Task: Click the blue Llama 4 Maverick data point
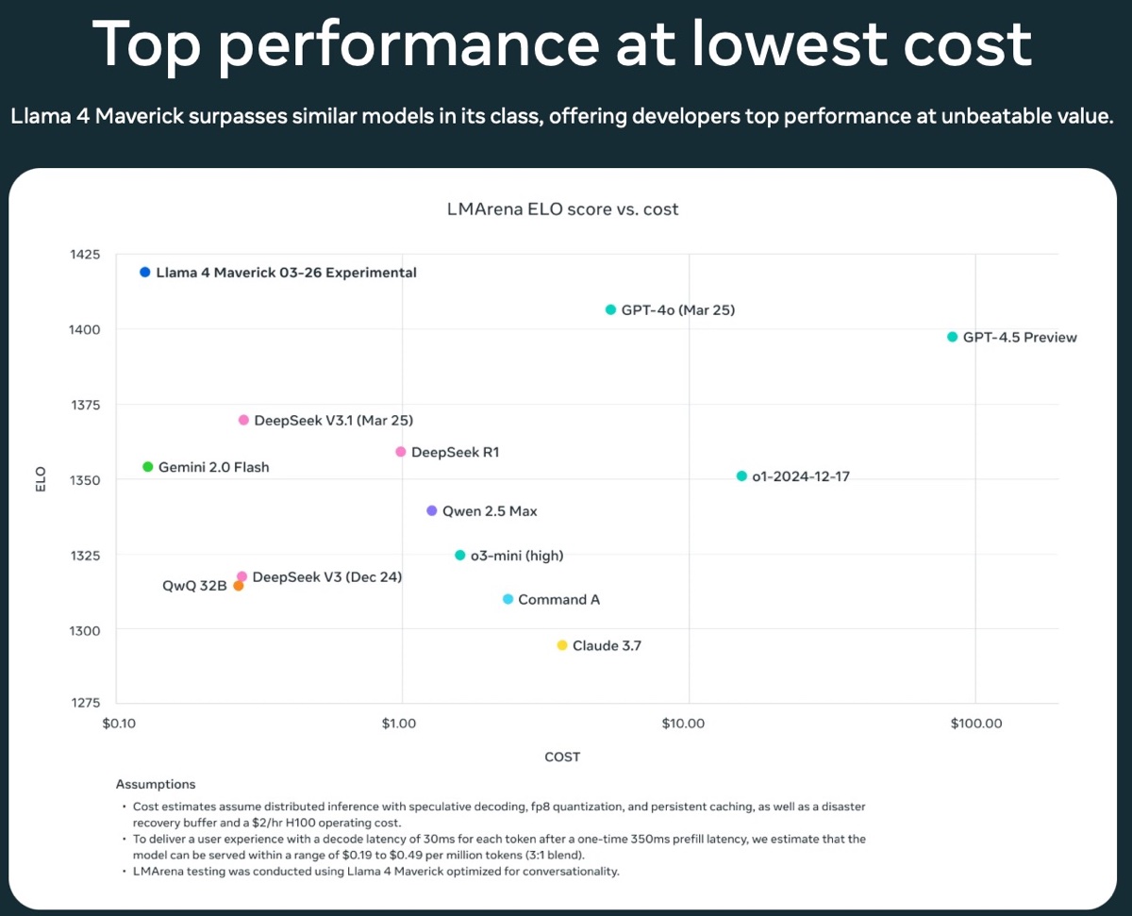[x=144, y=273]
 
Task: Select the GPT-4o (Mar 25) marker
[x=610, y=309]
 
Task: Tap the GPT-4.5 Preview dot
[x=952, y=337]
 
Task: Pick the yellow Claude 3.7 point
[x=562, y=645]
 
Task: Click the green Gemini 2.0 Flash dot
[x=147, y=467]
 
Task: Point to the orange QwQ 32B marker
[x=239, y=586]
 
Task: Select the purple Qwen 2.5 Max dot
[x=432, y=510]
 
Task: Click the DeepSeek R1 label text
[x=455, y=453]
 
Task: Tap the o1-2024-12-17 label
[x=800, y=476]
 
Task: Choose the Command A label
[x=558, y=600]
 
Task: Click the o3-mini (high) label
[x=516, y=556]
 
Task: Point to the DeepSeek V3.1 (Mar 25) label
[x=333, y=421]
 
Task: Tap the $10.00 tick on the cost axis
[x=683, y=724]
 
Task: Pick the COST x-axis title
[x=562, y=757]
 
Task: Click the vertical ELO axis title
[x=42, y=479]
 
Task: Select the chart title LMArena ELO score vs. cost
[x=562, y=209]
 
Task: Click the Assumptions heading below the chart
[x=156, y=784]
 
